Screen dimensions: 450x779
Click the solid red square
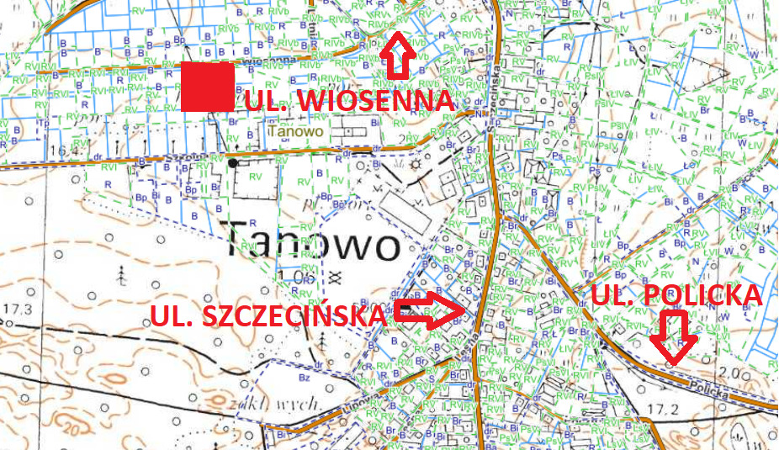click(208, 86)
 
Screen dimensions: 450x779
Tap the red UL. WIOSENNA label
click(351, 101)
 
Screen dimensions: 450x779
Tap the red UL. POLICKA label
click(676, 294)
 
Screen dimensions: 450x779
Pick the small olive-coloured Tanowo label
click(294, 131)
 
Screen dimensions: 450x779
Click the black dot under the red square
click(232, 162)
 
